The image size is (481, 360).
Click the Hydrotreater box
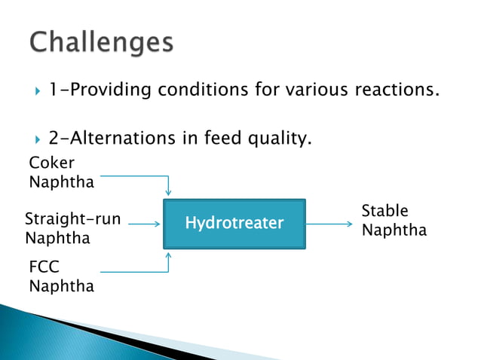[x=234, y=224]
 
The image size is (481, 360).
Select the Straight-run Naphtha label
[x=72, y=229]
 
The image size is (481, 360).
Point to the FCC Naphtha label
[x=61, y=276]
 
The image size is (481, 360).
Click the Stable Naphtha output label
[x=394, y=220]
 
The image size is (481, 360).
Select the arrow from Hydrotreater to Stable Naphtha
[x=329, y=224]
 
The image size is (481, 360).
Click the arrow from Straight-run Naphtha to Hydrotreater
[x=143, y=224]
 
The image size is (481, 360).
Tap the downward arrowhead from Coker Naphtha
[x=168, y=192]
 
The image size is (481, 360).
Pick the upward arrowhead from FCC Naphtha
[x=168, y=256]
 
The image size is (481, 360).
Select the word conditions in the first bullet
[x=203, y=91]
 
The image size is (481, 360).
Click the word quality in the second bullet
[x=279, y=139]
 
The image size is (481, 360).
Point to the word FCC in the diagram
[x=44, y=267]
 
